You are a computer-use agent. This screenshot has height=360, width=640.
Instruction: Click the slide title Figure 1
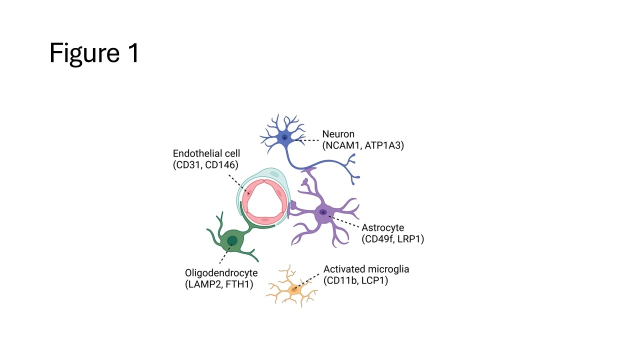(94, 52)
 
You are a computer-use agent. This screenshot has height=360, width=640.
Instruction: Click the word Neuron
(338, 134)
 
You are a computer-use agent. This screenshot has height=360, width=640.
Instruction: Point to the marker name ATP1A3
(384, 145)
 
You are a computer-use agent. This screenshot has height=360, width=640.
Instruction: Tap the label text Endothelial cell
(206, 153)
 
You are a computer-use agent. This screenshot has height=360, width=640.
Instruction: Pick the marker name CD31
(188, 165)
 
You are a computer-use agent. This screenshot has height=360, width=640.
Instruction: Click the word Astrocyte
(382, 228)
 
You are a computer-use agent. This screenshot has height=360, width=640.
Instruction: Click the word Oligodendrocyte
(221, 273)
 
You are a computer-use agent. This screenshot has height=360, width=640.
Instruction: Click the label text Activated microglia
(366, 269)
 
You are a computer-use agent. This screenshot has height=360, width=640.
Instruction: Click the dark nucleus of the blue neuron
(284, 137)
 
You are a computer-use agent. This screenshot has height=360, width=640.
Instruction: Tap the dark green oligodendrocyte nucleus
(232, 241)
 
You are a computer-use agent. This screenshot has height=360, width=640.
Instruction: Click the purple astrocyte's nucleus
(323, 212)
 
